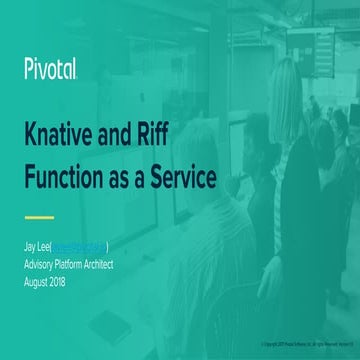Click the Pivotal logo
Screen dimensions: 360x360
(51, 69)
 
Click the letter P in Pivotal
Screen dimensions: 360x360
(29, 69)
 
